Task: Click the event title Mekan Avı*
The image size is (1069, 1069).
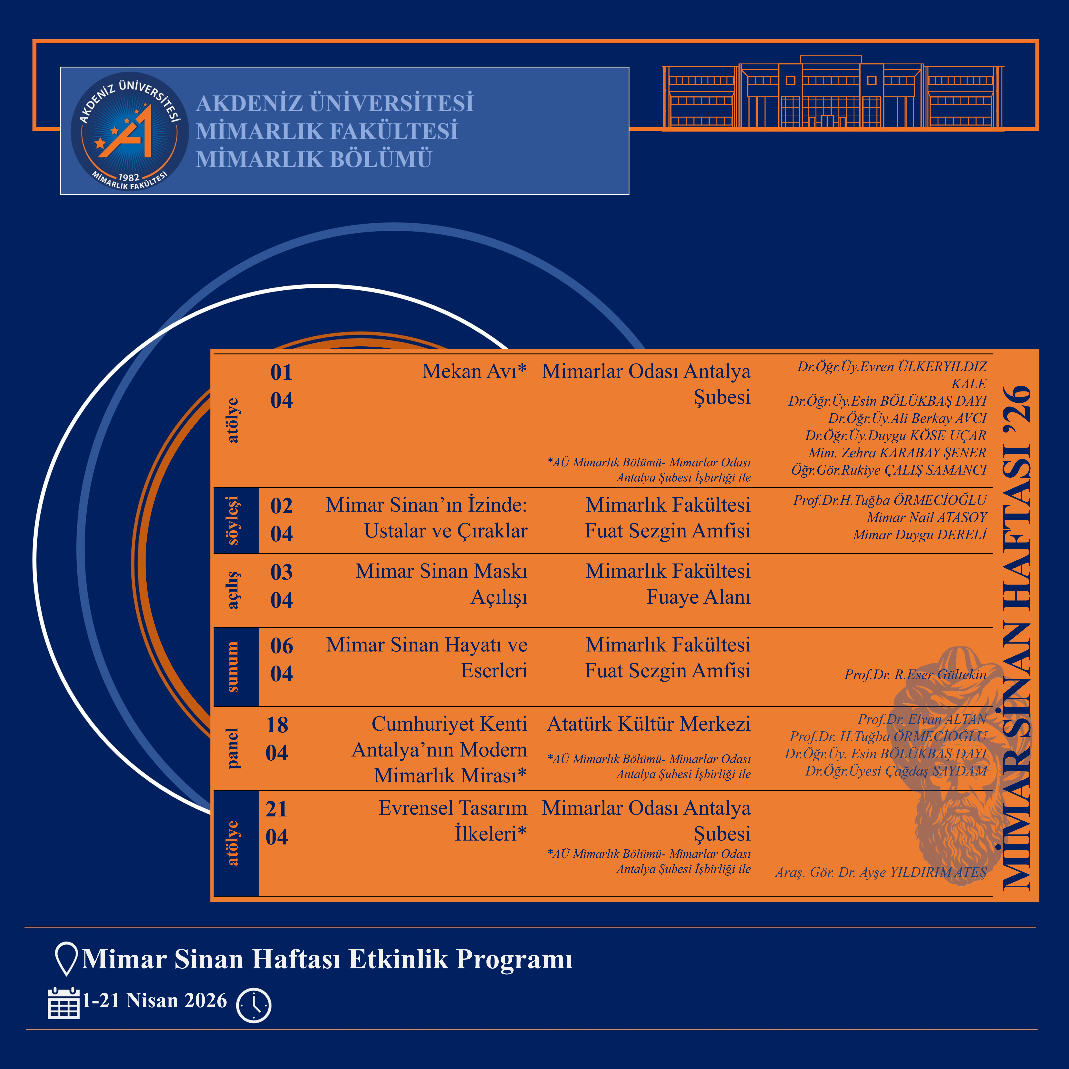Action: point(474,371)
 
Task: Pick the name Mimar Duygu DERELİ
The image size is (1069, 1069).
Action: point(920,534)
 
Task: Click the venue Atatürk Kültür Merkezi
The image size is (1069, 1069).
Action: point(649,724)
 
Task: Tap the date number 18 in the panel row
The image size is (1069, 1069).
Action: point(277,725)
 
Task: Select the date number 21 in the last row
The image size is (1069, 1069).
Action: point(277,809)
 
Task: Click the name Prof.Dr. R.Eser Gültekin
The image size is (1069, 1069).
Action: point(915,674)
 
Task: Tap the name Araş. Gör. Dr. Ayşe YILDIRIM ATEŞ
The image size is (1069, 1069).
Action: point(880,872)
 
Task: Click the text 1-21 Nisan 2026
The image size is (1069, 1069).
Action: point(154,1000)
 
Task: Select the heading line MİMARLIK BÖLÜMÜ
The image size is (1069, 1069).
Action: point(314,159)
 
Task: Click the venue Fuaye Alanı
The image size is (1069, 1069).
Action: point(698,597)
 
